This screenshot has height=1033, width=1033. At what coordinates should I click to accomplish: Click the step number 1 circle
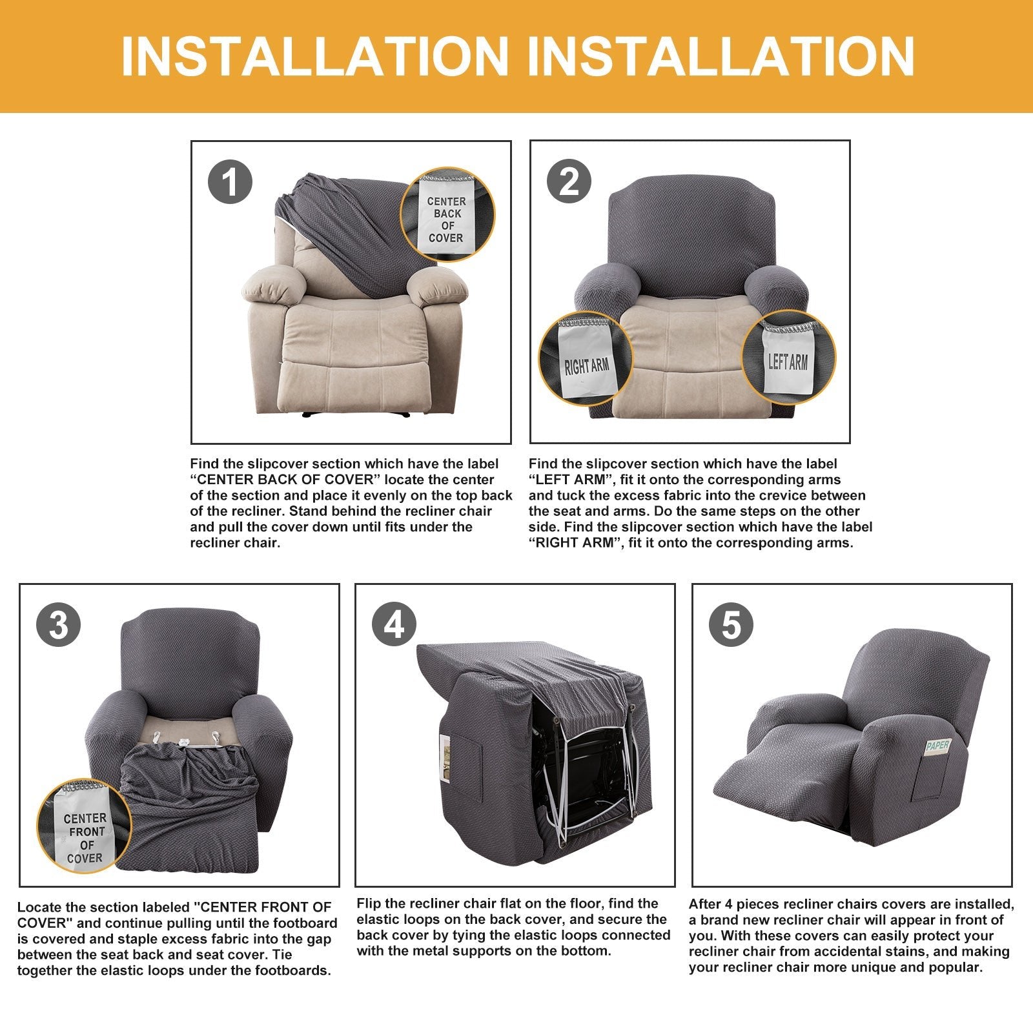pos(229,181)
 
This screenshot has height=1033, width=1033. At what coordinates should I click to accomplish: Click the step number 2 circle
pos(569,181)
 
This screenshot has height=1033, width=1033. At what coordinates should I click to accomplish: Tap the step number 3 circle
pos(59,625)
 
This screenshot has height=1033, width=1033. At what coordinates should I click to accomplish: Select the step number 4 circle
pos(394,625)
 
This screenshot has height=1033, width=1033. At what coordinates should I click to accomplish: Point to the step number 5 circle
pos(731,625)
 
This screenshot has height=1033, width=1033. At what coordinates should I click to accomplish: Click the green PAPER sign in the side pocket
pos(937,746)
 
